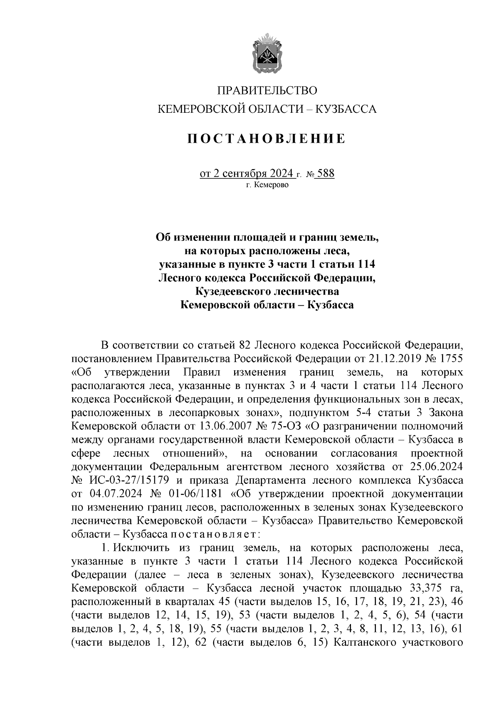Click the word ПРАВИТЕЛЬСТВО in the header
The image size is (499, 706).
[x=267, y=90]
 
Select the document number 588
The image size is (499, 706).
[x=325, y=173]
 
